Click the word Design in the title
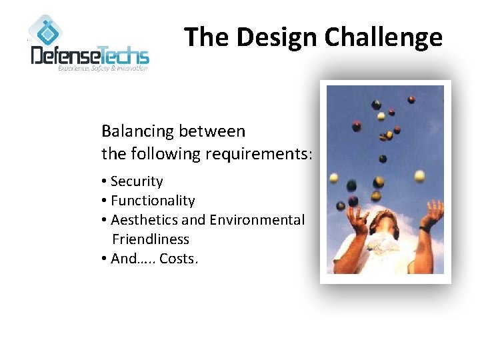(271, 37)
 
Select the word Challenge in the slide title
(379, 37)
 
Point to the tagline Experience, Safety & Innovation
(103, 69)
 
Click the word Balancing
(137, 131)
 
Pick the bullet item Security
(137, 181)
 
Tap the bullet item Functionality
(153, 201)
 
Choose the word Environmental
(257, 220)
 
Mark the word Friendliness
(151, 239)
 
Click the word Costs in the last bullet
(178, 259)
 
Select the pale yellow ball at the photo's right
(419, 176)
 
